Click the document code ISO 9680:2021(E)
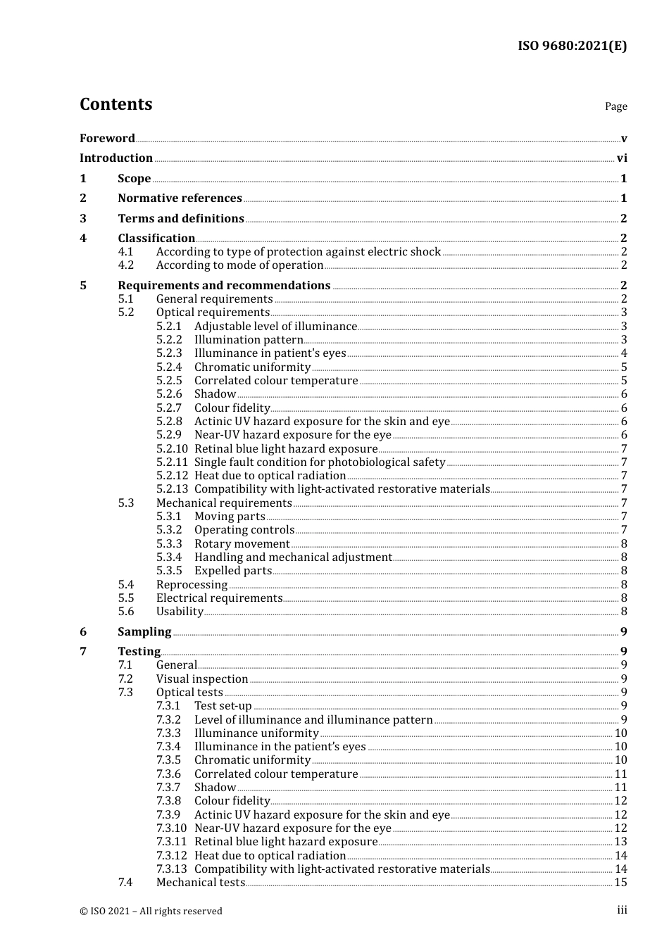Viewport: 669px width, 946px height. click(572, 46)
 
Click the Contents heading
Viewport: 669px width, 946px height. click(115, 104)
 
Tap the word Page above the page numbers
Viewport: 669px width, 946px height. click(615, 106)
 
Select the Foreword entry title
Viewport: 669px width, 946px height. click(107, 139)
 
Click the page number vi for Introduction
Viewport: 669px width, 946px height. click(622, 158)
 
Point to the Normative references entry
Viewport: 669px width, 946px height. click(180, 198)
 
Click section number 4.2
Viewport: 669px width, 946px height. click(126, 265)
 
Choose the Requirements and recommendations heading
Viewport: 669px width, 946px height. click(224, 286)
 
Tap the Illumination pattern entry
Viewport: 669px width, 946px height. click(249, 340)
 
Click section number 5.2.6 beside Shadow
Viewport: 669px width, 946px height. click(169, 394)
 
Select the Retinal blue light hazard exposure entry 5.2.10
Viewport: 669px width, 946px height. click(286, 449)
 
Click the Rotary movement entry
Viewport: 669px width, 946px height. click(242, 544)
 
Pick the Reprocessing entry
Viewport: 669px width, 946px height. click(192, 585)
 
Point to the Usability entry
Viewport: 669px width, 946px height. click(180, 612)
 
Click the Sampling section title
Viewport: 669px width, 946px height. click(144, 632)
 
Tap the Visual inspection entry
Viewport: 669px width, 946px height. click(202, 679)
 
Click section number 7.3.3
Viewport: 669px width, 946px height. click(168, 733)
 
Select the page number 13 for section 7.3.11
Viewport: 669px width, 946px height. click(620, 842)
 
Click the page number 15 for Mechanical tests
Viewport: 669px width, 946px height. click(620, 883)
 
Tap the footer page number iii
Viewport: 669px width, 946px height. click(622, 910)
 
